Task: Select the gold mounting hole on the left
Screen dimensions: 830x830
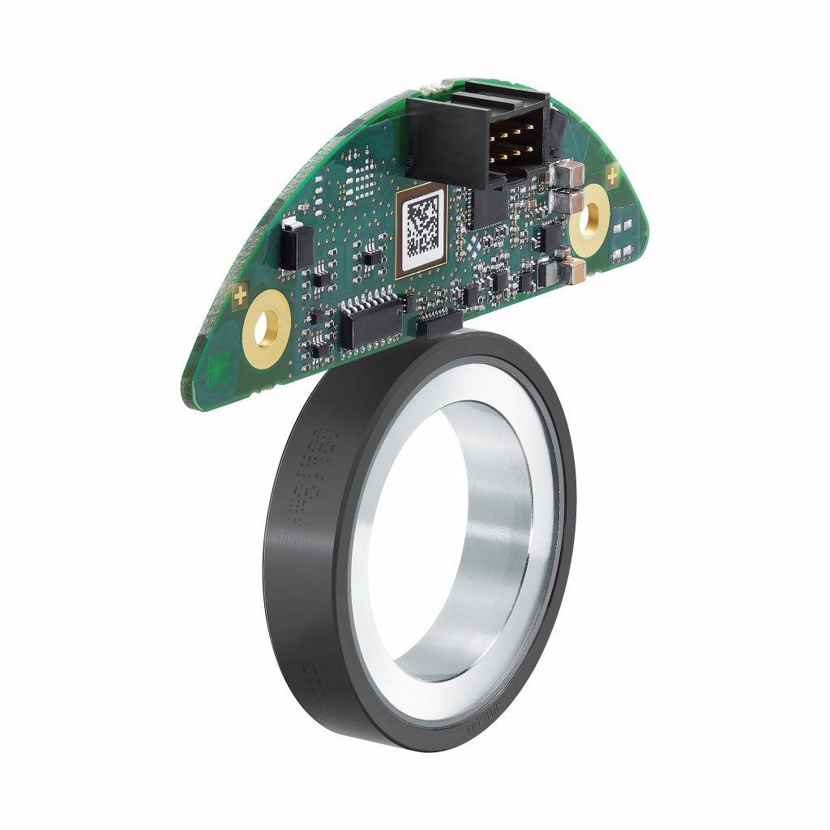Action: [265, 329]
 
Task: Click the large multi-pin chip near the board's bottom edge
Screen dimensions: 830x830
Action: [374, 319]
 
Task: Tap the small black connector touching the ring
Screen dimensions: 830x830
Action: [439, 323]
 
